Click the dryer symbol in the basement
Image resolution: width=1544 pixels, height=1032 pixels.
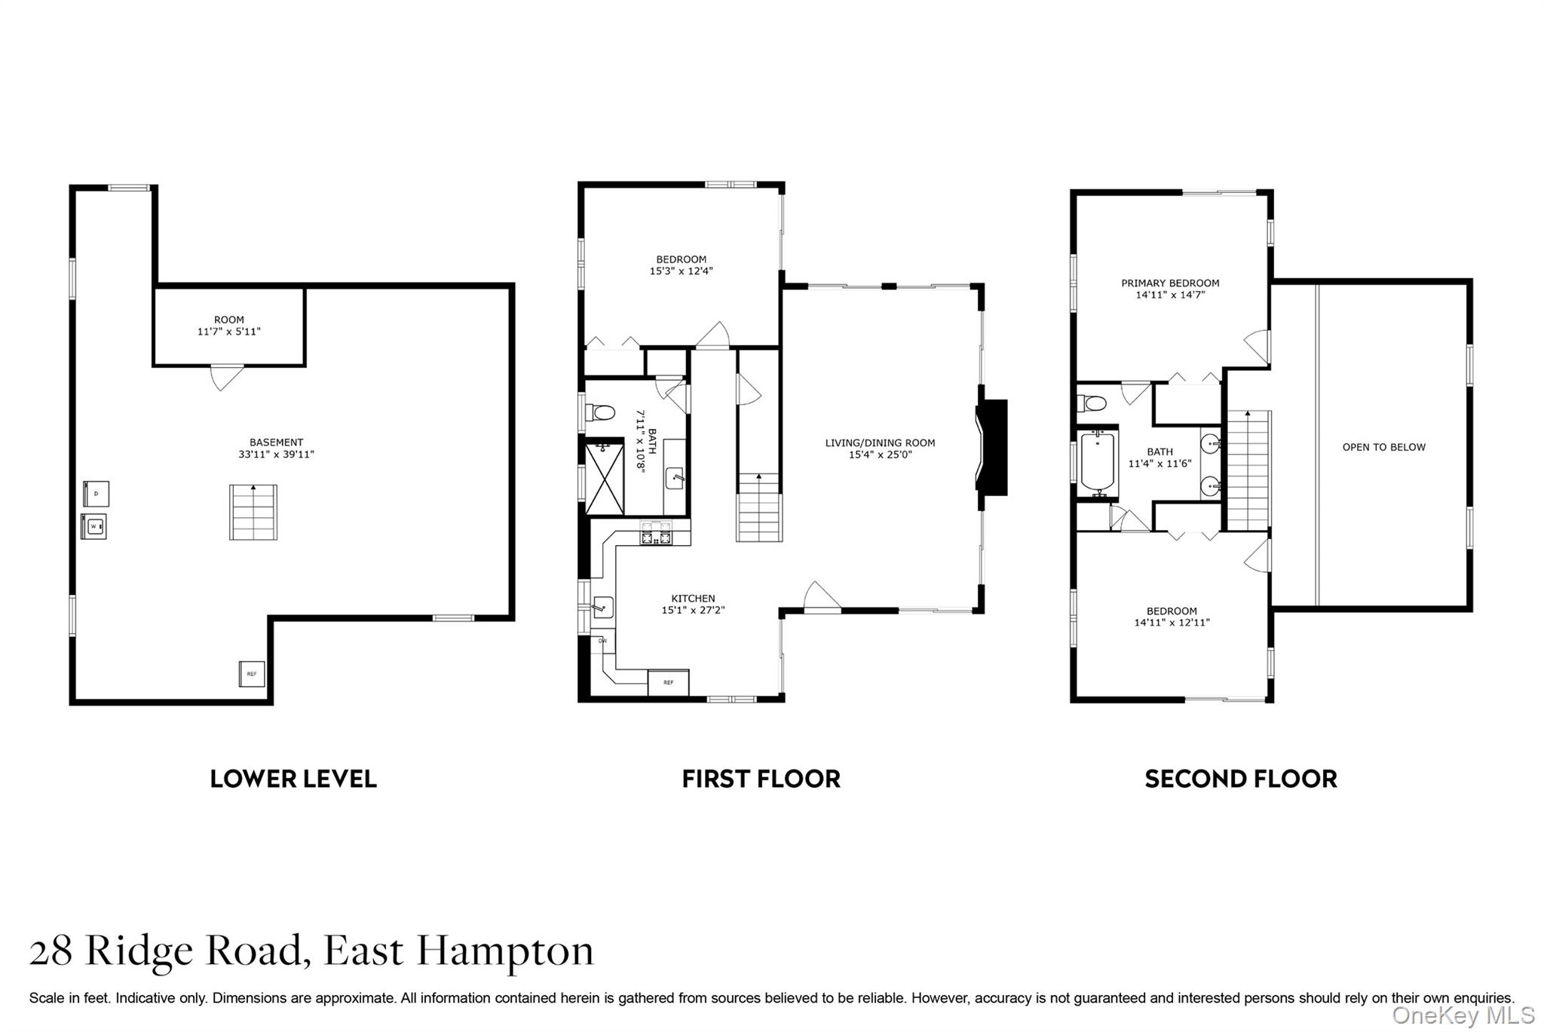pyautogui.click(x=96, y=494)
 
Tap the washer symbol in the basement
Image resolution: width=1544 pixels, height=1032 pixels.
pyautogui.click(x=94, y=526)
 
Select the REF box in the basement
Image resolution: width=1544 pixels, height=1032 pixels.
pyautogui.click(x=252, y=673)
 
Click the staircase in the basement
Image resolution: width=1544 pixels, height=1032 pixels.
pyautogui.click(x=253, y=513)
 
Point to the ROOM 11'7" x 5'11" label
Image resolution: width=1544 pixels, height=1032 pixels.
pyautogui.click(x=228, y=326)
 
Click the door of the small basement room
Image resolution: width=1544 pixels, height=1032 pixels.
pyautogui.click(x=225, y=376)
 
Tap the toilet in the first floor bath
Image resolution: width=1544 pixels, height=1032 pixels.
pyautogui.click(x=602, y=412)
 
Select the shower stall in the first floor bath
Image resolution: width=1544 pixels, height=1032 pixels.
pyautogui.click(x=605, y=479)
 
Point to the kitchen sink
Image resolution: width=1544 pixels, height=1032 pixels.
pyautogui.click(x=602, y=606)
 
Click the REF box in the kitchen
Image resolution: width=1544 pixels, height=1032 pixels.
pyautogui.click(x=668, y=682)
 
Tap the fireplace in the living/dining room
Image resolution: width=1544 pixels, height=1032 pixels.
pyautogui.click(x=992, y=447)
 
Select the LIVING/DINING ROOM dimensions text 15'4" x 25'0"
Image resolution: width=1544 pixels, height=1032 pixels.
pyautogui.click(x=880, y=455)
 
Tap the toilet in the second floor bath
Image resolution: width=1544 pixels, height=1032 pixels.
pyautogui.click(x=1092, y=403)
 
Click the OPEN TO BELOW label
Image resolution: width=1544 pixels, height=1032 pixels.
pyautogui.click(x=1383, y=447)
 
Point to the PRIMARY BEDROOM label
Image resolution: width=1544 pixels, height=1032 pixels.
pyautogui.click(x=1170, y=283)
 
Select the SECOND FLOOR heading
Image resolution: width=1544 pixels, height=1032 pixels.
pyautogui.click(x=1240, y=779)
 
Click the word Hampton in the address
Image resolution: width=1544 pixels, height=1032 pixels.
pyautogui.click(x=505, y=951)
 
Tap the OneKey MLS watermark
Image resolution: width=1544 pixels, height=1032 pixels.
pyautogui.click(x=1463, y=1015)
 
